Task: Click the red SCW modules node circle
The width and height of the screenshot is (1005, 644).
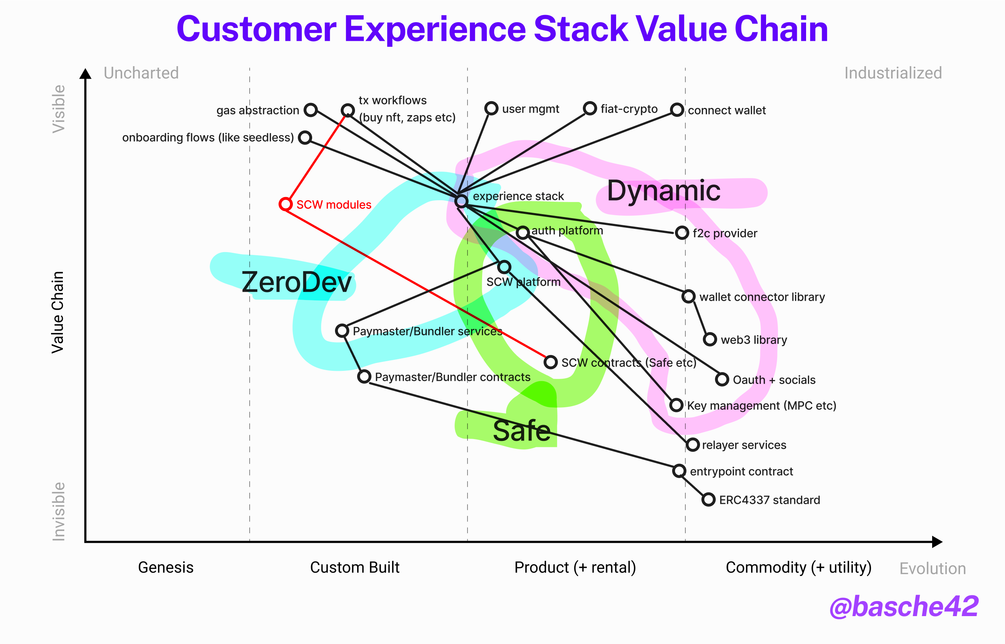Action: pos(285,204)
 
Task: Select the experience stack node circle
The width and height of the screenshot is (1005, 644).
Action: pos(461,201)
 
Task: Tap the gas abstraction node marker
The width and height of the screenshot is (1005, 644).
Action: pos(310,110)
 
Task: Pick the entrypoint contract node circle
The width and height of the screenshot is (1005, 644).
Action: pos(679,471)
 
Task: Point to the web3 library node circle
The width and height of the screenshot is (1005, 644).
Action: pos(710,339)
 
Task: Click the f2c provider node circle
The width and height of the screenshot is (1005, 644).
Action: pos(682,232)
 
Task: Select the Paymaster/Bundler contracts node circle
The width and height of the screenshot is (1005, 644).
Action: pos(364,377)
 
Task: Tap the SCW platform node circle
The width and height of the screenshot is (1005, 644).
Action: pos(504,267)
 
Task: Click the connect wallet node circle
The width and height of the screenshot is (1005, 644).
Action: pos(677,110)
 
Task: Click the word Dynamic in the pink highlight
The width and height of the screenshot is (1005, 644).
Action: pos(663,191)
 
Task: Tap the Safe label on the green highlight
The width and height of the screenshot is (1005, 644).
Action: pos(522,431)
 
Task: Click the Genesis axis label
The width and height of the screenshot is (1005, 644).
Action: pos(166,567)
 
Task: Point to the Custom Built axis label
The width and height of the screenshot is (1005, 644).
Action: pos(355,567)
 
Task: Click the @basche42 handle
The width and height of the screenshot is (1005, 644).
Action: pos(904,606)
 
